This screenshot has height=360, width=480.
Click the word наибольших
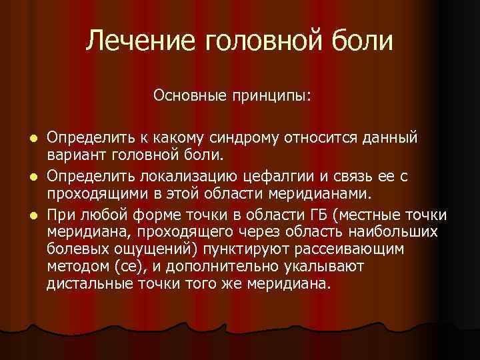[390, 231]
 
